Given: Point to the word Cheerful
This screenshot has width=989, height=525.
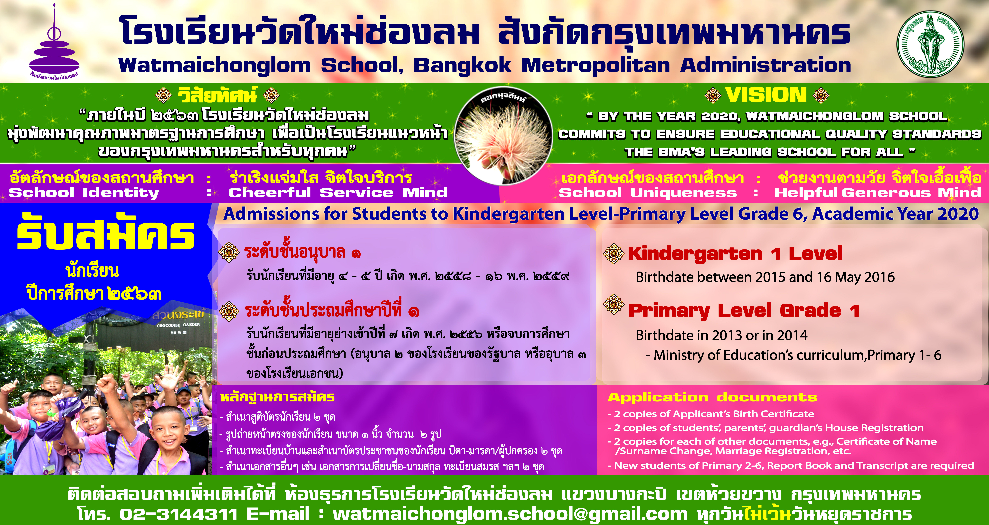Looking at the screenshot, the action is pos(270,192).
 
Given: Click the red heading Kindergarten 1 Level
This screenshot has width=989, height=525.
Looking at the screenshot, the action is pos(735,253).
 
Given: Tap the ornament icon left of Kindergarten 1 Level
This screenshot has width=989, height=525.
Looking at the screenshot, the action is pos(614,253).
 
